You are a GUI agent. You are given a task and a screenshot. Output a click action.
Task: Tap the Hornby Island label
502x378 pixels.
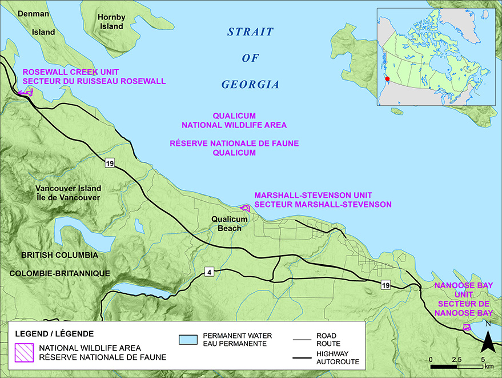111,22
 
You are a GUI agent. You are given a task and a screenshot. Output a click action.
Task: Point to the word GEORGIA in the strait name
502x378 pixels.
250,85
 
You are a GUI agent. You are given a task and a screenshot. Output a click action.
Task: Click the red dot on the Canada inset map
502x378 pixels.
387,79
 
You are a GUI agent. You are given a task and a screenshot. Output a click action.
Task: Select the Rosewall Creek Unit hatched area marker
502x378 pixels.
26,92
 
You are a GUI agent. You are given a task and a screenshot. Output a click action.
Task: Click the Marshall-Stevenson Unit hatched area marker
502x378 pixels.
245,208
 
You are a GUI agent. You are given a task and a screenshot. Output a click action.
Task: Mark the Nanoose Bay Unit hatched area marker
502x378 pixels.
467,327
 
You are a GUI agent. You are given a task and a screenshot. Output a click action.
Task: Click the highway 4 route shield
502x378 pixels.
210,272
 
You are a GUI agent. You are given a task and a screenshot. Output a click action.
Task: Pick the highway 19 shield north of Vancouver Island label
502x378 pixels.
110,164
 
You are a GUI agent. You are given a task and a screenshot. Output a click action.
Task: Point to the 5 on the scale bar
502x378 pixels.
483,360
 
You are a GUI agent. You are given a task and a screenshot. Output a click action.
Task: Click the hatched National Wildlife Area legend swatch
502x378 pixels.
25,352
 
